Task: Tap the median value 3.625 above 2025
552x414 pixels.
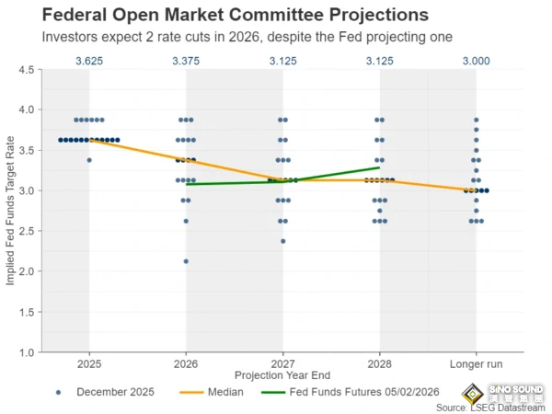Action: [x=88, y=61]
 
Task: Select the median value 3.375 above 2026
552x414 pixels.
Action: [x=186, y=61]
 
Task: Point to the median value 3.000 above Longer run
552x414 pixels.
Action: [x=476, y=61]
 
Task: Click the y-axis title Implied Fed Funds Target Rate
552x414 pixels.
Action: [x=11, y=212]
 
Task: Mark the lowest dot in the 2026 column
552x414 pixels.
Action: [x=186, y=261]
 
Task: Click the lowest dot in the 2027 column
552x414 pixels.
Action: [x=282, y=241]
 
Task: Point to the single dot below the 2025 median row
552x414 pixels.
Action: [x=88, y=160]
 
